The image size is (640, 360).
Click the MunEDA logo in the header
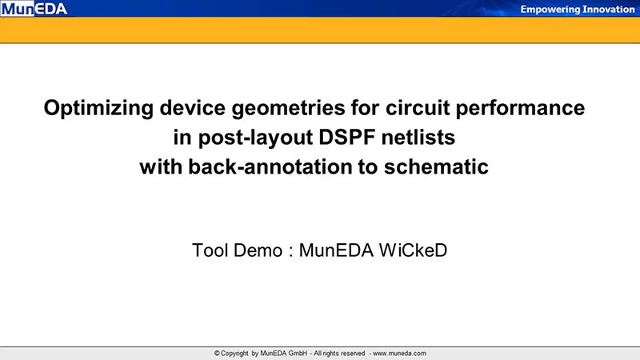(34, 9)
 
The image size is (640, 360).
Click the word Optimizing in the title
(98, 109)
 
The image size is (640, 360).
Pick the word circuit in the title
(418, 108)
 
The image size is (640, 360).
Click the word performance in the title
(520, 109)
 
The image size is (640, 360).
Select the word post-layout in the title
(255, 138)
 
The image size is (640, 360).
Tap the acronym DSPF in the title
(347, 137)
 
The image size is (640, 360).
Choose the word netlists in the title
(418, 137)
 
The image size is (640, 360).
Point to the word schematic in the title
(436, 166)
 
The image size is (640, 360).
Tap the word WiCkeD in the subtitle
(414, 250)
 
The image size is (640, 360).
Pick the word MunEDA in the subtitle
(336, 250)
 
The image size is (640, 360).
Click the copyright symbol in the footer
(217, 353)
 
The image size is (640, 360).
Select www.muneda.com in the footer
(399, 353)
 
